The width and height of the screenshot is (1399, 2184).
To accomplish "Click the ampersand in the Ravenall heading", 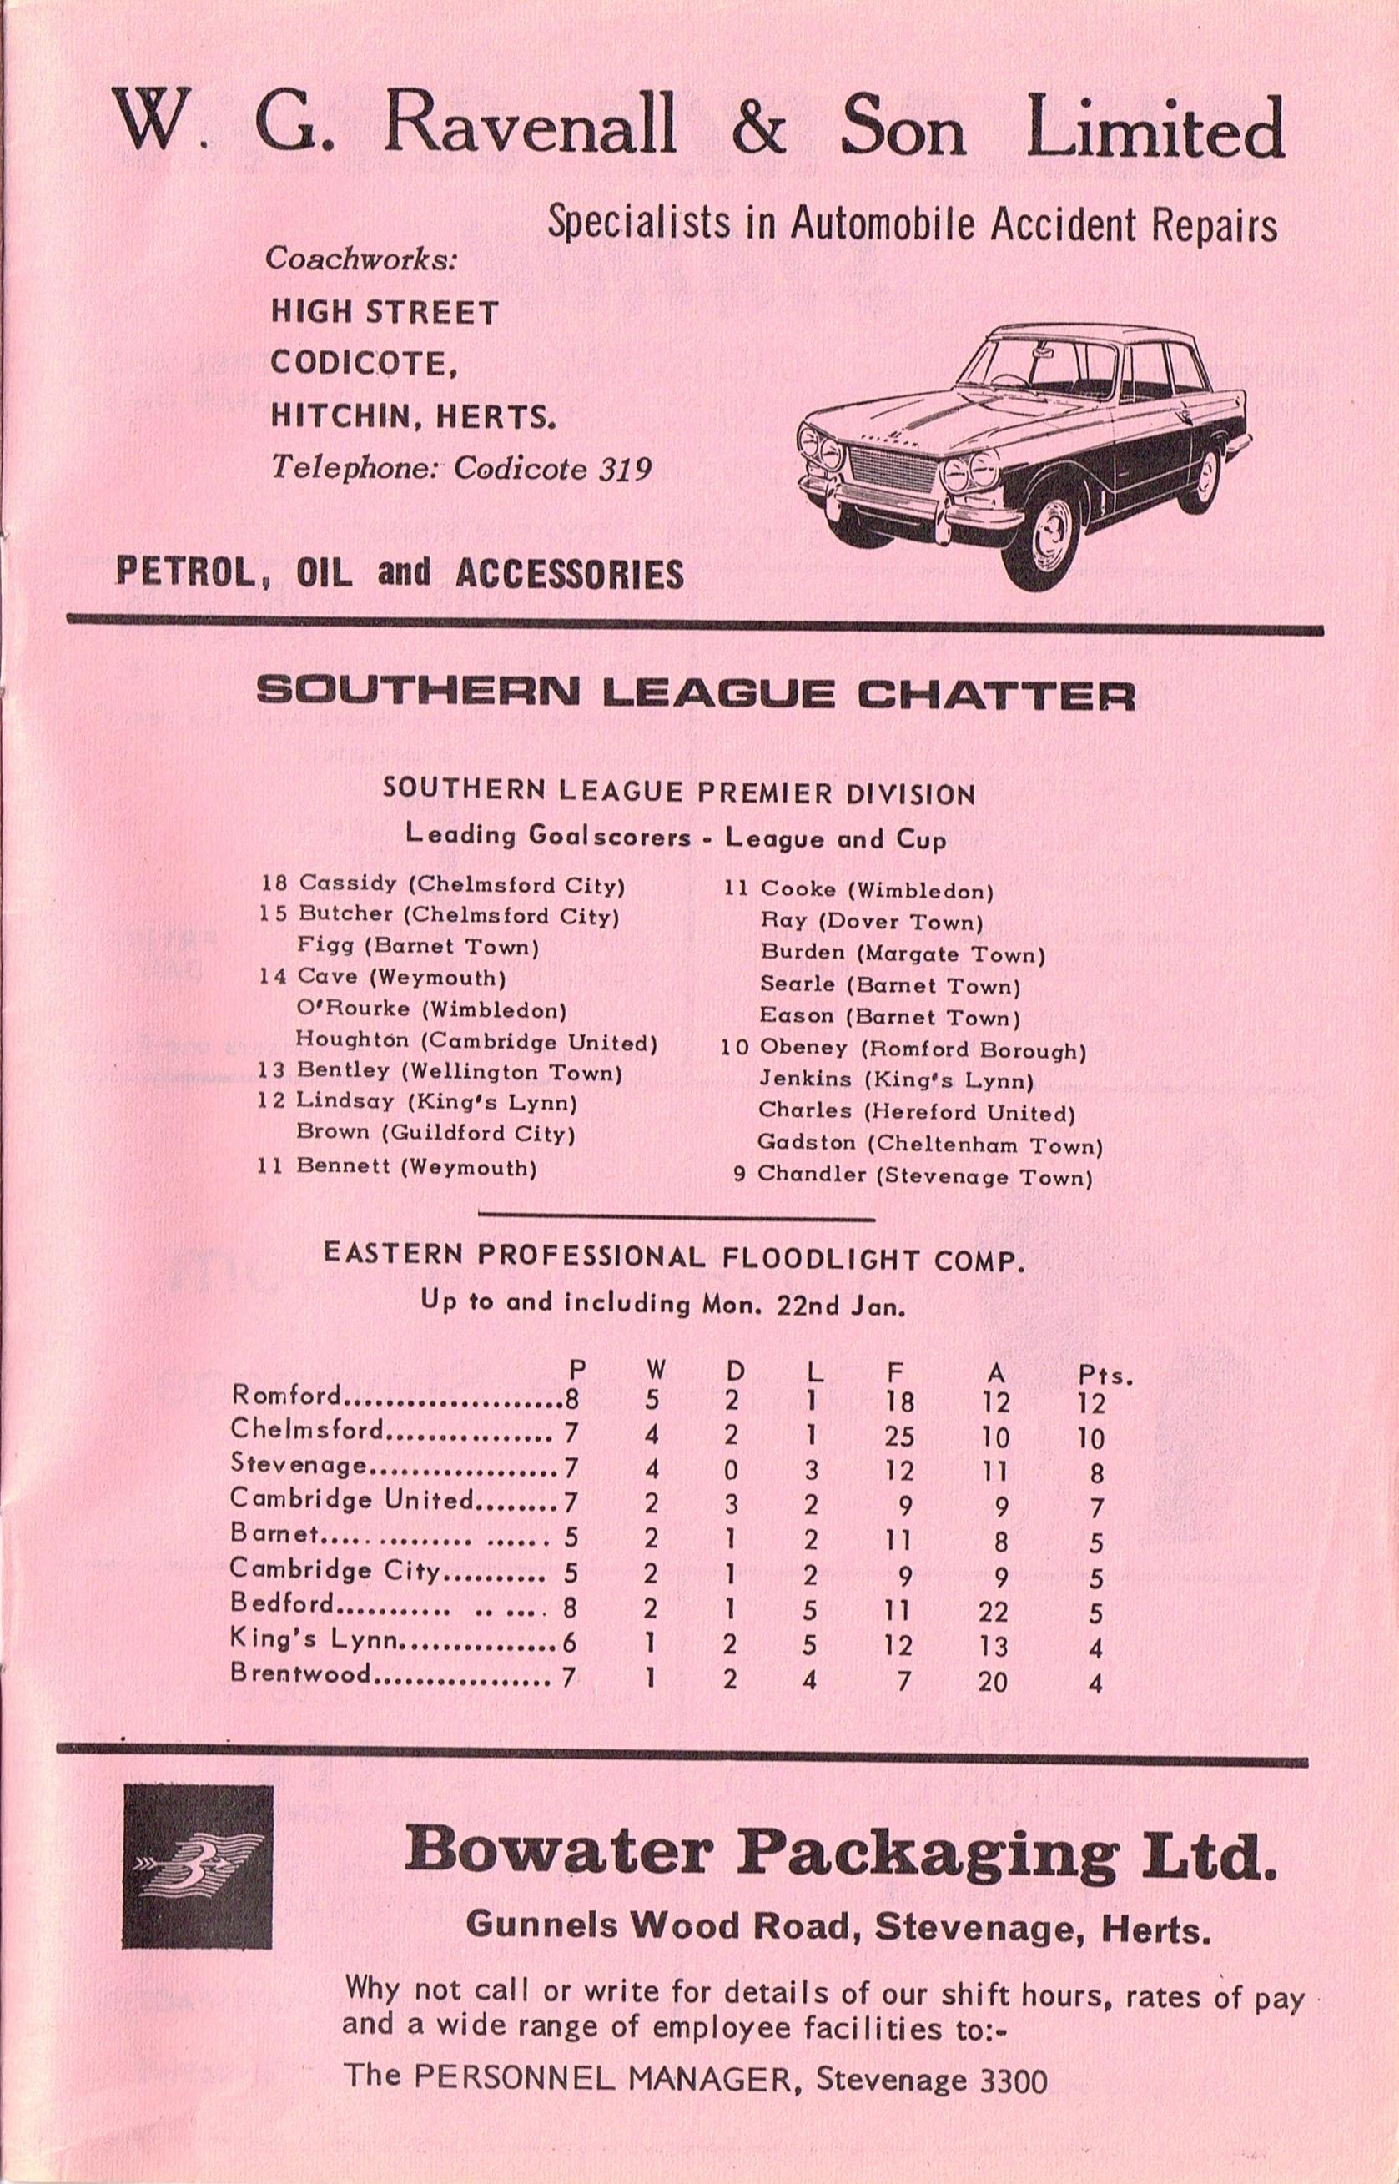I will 757,128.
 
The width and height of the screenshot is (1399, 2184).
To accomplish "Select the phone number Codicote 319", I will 552,469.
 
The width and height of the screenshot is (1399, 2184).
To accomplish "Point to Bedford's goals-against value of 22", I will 994,1612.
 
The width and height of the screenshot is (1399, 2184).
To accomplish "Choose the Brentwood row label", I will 300,1673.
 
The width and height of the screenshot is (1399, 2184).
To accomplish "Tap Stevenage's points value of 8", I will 1096,1472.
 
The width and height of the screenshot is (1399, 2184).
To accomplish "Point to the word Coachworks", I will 361,259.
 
